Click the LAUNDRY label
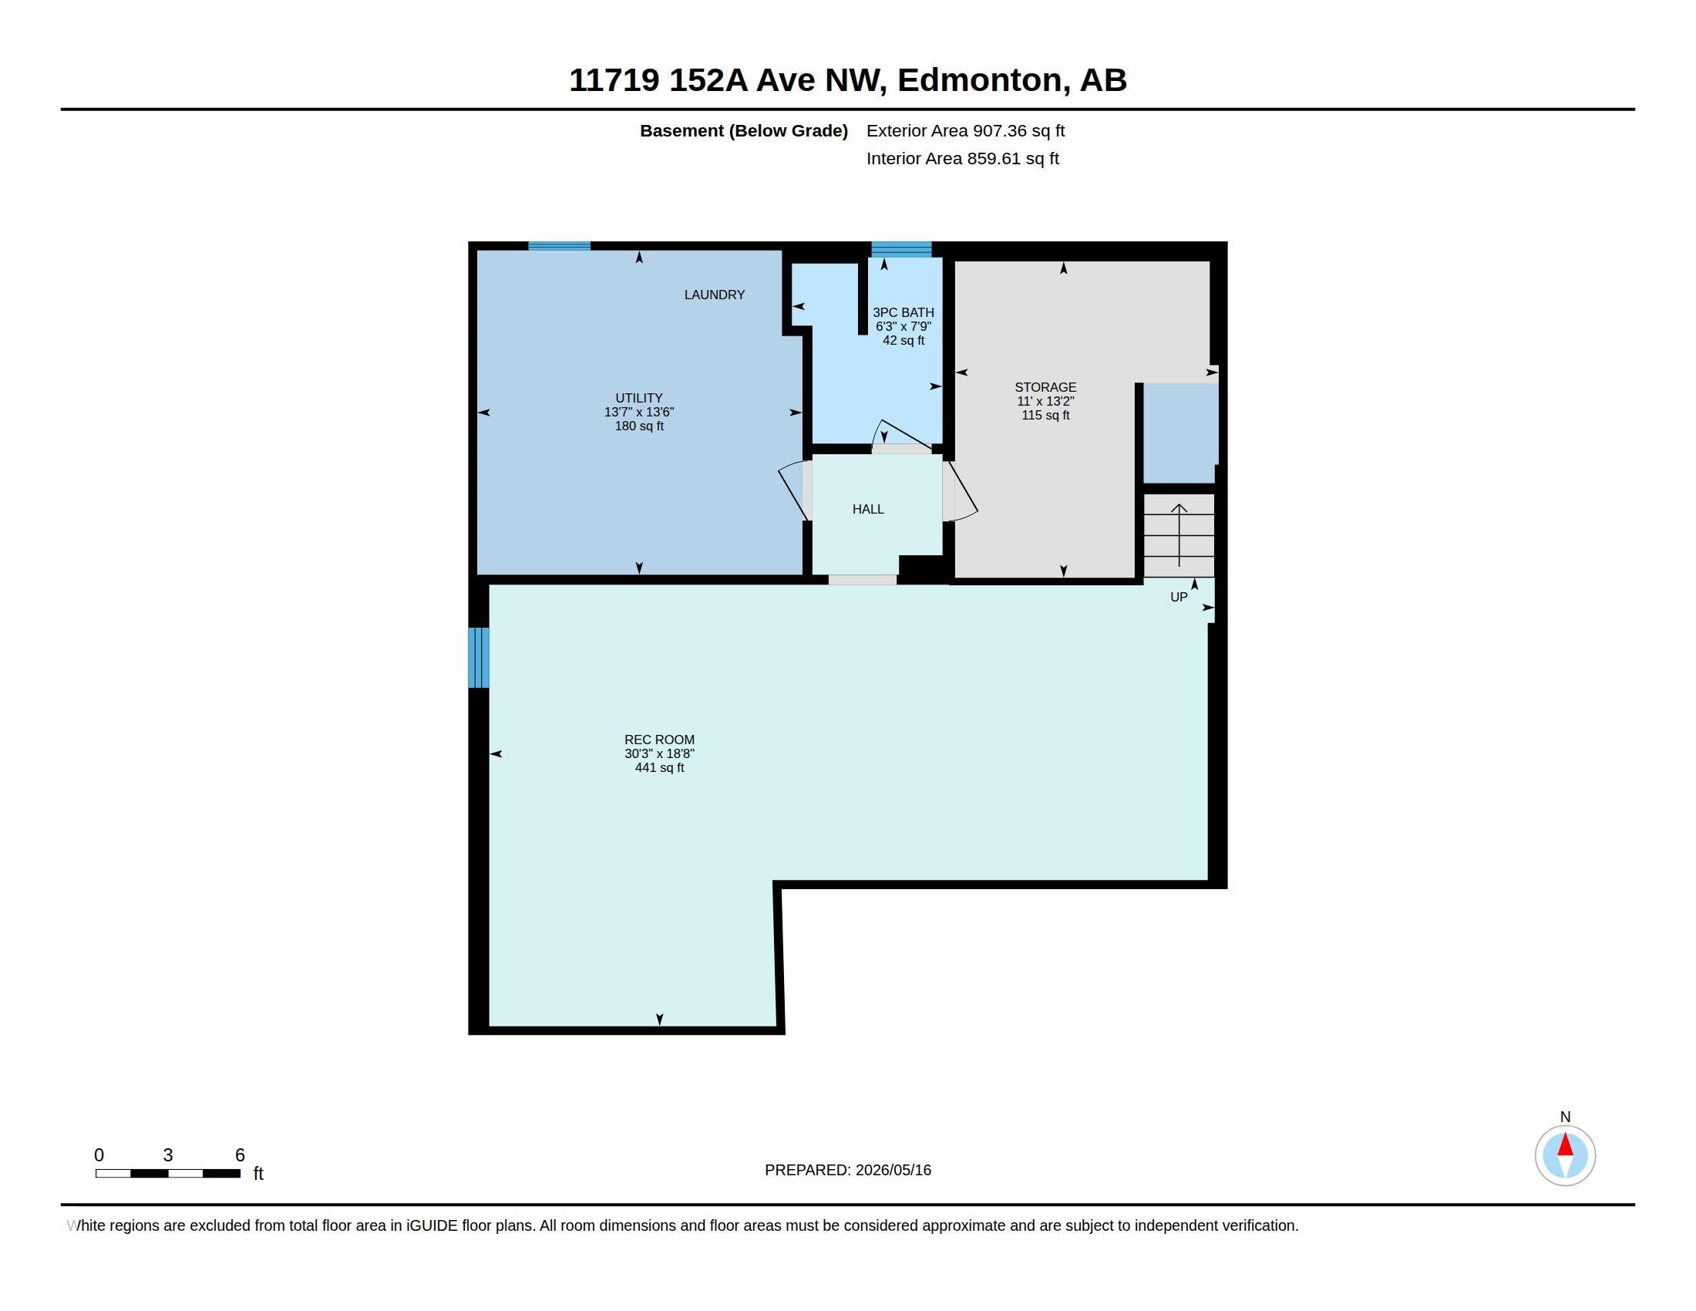(x=714, y=295)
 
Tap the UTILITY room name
(x=638, y=398)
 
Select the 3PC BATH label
(x=904, y=312)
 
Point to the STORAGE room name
(x=1045, y=387)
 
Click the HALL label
(x=868, y=509)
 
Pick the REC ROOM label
(x=659, y=740)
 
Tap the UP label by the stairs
(x=1179, y=597)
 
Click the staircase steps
(x=1179, y=535)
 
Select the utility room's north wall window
(x=559, y=246)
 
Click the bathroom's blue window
(x=900, y=248)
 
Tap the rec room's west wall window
(x=479, y=657)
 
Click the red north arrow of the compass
(x=1565, y=1145)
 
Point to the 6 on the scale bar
(x=240, y=1155)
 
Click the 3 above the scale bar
(x=168, y=1155)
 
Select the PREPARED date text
(x=848, y=1170)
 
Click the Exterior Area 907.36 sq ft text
(x=965, y=130)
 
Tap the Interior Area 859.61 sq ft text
(x=962, y=158)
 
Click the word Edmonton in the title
(x=980, y=80)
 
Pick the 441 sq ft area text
(x=659, y=767)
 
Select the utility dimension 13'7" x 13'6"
(x=639, y=412)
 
